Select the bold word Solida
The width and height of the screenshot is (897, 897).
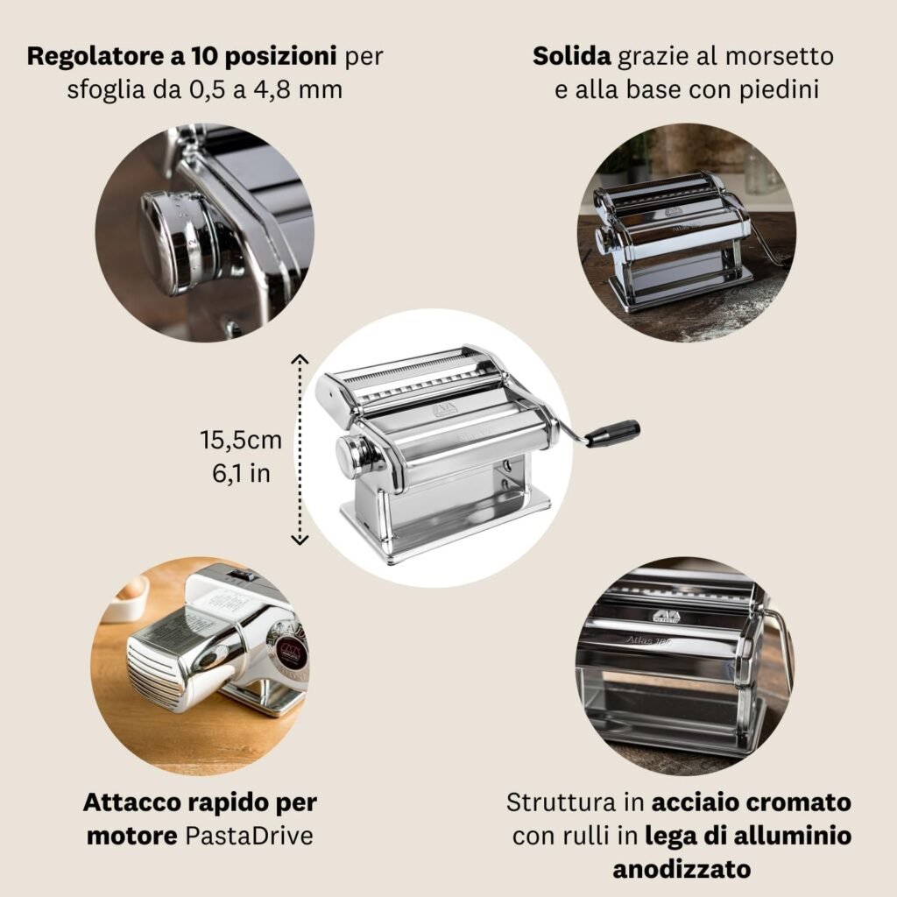571,56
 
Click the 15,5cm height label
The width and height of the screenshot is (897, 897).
241,440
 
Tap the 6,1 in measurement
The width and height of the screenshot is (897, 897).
241,473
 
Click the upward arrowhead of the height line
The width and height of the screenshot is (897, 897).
300,359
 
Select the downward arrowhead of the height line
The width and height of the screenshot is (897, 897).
300,539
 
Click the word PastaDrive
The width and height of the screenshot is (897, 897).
250,836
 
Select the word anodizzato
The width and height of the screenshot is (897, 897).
682,869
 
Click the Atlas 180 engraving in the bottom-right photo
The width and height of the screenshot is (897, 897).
649,640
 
